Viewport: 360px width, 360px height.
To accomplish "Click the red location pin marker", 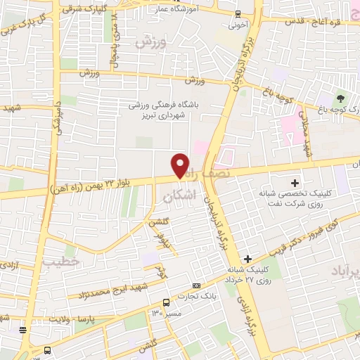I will tap(181, 165).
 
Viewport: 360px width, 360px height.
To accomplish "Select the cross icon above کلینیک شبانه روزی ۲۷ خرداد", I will tap(247, 259).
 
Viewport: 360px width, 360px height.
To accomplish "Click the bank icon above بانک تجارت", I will tap(195, 285).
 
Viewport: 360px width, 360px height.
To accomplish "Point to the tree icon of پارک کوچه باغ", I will tap(342, 98).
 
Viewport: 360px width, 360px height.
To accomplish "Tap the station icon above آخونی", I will tap(238, 13).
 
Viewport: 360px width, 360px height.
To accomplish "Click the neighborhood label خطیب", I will tap(56, 262).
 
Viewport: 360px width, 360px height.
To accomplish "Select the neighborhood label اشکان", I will tap(176, 198).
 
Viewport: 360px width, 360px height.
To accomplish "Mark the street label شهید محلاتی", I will tap(307, 137).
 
